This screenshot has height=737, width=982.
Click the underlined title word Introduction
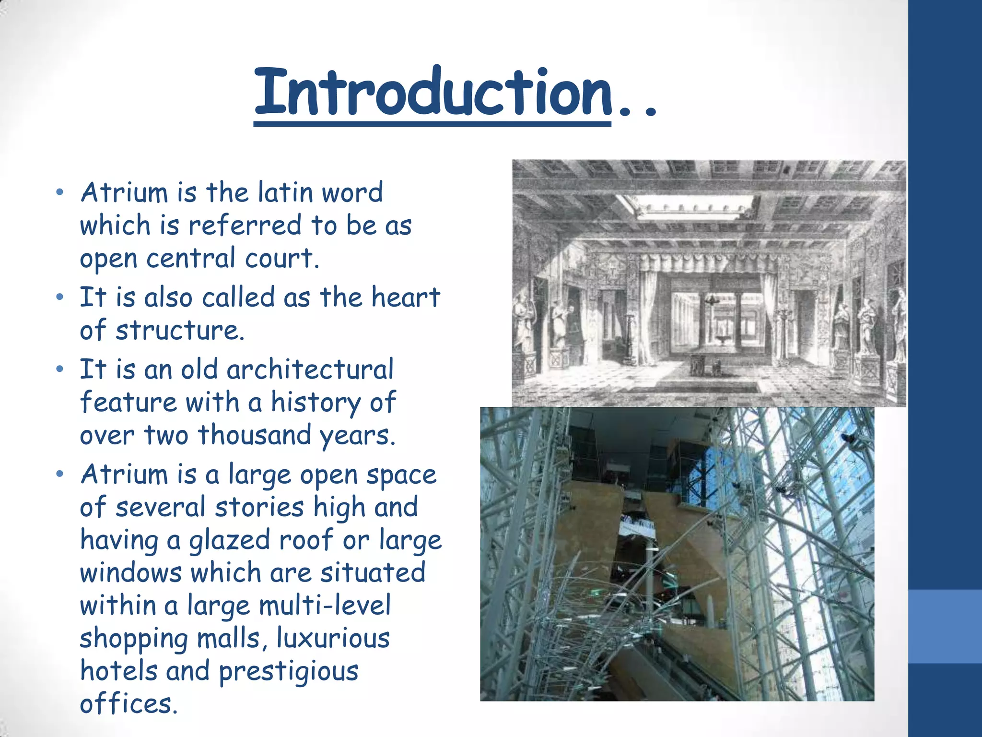click(433, 92)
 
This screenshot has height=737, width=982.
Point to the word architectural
click(310, 369)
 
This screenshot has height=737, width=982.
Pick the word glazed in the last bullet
click(230, 540)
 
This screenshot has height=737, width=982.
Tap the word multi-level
click(325, 606)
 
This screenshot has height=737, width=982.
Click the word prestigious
click(288, 672)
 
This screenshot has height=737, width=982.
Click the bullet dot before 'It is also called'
click(59, 297)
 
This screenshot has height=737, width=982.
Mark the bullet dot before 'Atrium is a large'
click(59, 475)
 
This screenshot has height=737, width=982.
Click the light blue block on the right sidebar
click(945, 626)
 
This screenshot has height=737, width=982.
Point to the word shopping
click(133, 639)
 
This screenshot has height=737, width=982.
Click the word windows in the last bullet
click(130, 573)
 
